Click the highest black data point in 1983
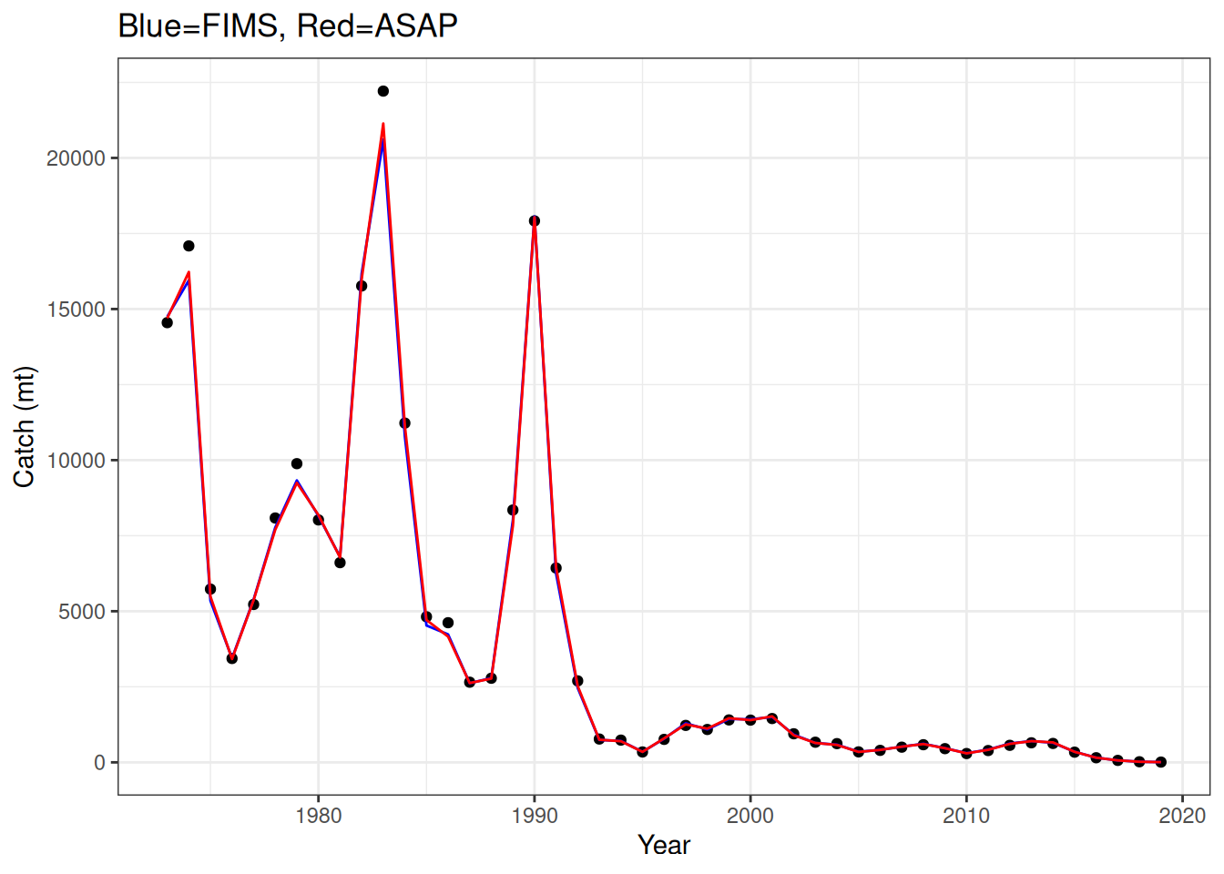[x=383, y=91]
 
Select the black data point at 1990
[x=535, y=221]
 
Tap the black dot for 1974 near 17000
[x=189, y=246]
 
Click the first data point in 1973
[x=167, y=322]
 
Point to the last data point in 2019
[x=1161, y=762]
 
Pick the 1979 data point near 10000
[x=297, y=463]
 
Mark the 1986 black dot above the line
[x=448, y=623]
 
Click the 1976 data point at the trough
[x=232, y=658]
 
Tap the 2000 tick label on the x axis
[x=750, y=816]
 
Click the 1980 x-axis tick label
[x=319, y=816]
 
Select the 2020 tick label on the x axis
[x=1182, y=816]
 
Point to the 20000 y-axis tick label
[x=76, y=158]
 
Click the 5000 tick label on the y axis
[x=82, y=612]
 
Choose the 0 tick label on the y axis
[x=100, y=763]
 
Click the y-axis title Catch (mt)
[x=25, y=427]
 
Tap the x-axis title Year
[x=664, y=846]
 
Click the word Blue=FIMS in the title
[x=198, y=26]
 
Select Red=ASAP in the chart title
[x=377, y=26]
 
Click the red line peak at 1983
[x=383, y=124]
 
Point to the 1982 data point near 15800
[x=362, y=286]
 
